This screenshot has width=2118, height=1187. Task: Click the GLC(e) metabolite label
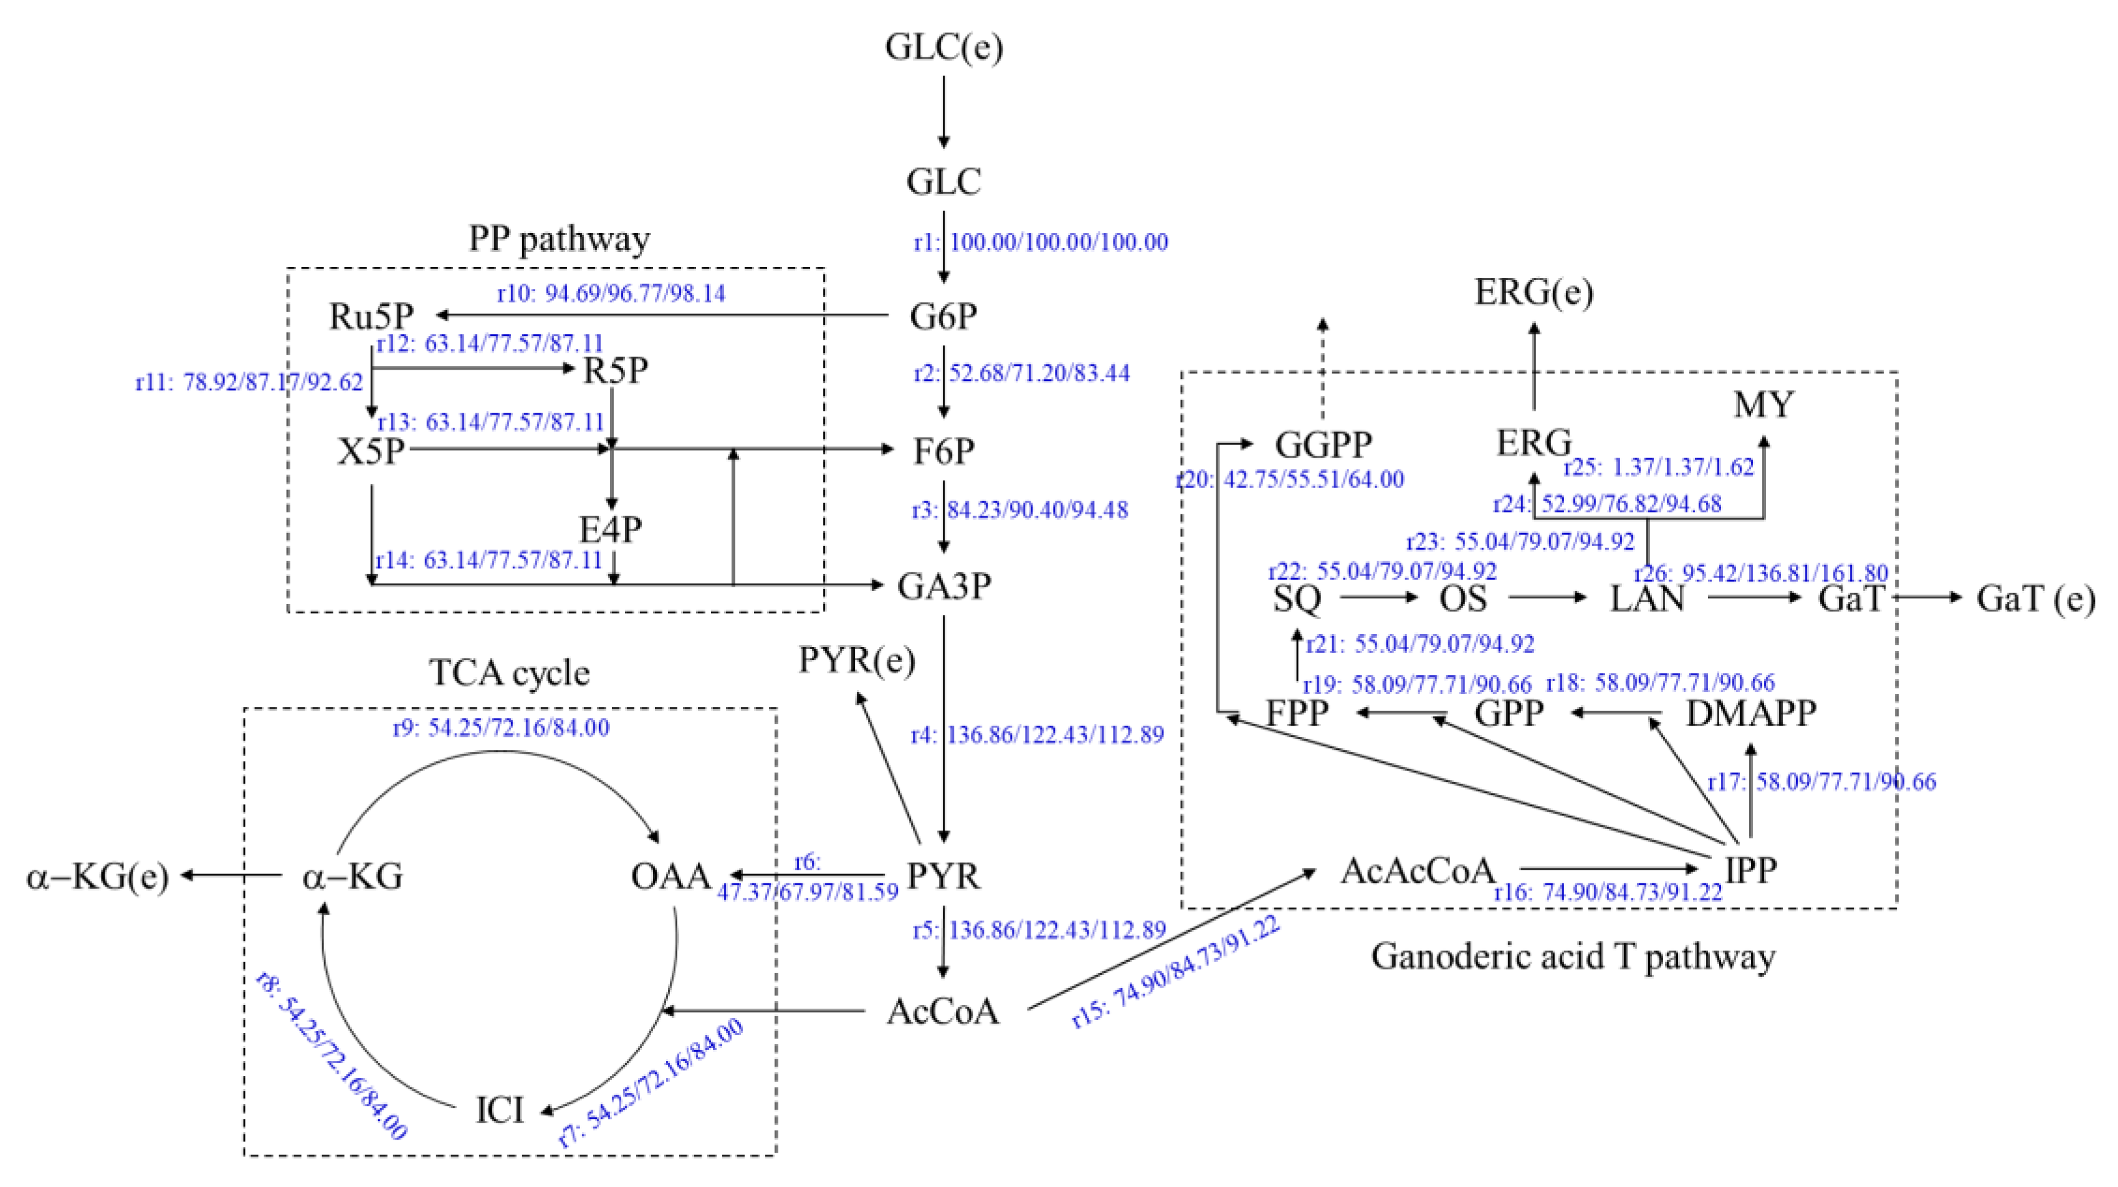[944, 47]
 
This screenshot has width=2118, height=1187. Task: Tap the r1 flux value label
[1041, 243]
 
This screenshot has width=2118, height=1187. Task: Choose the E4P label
[610, 529]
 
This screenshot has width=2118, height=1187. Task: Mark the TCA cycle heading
[510, 673]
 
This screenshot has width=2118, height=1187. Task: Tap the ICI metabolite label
[500, 1110]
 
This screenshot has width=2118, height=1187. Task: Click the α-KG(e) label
[97, 877]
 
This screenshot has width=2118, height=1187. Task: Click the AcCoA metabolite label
[943, 1012]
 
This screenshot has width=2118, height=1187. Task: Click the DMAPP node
[1750, 713]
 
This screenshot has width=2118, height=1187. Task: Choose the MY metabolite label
[1763, 405]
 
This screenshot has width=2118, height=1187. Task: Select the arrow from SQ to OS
[1380, 598]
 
